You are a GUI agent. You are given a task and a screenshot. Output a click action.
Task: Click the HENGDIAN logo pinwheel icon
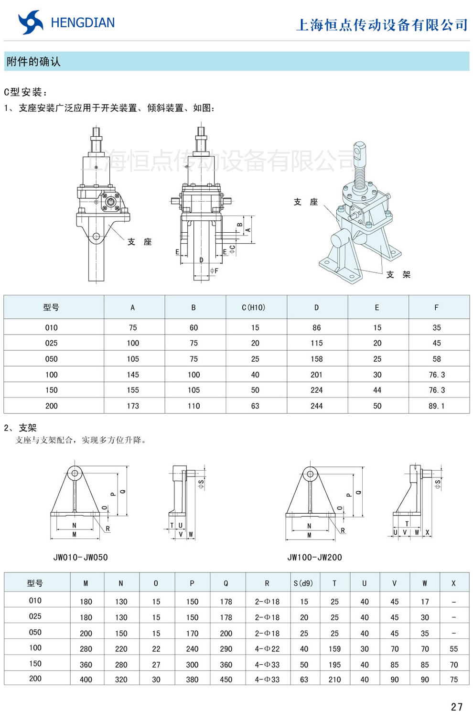pyautogui.click(x=31, y=22)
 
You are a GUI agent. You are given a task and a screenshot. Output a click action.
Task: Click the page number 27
pyautogui.click(x=456, y=707)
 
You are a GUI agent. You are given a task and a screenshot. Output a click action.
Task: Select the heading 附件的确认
pyautogui.click(x=33, y=62)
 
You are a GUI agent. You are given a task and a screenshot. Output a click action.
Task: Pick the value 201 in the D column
pyautogui.click(x=316, y=375)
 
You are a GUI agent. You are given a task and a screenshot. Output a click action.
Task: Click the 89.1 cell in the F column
pyautogui.click(x=436, y=406)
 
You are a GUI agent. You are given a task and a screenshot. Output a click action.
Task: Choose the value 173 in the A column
pyautogui.click(x=133, y=406)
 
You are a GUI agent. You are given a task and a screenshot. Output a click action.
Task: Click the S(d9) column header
pyautogui.click(x=303, y=583)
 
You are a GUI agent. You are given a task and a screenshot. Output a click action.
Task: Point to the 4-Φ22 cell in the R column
pyautogui.click(x=267, y=648)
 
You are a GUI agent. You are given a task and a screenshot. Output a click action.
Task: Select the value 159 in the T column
pyautogui.click(x=334, y=648)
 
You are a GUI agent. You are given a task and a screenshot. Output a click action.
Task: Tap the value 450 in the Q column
pyautogui.click(x=226, y=679)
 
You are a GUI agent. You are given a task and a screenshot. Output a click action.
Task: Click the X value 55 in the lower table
pyautogui.click(x=453, y=648)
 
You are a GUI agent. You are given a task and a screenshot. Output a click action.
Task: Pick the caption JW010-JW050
pyautogui.click(x=80, y=557)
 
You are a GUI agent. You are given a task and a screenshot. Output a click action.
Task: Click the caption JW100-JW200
pyautogui.click(x=314, y=557)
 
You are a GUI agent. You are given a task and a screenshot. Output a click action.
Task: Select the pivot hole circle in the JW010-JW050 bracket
pyautogui.click(x=75, y=474)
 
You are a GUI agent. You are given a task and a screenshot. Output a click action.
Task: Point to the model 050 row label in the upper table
pyautogui.click(x=51, y=359)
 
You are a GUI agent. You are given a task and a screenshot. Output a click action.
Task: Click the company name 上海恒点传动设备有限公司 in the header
pyautogui.click(x=382, y=25)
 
